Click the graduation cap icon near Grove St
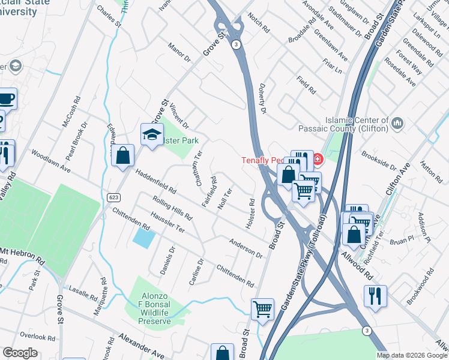point(152,134)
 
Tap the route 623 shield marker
point(113,197)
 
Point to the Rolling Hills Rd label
point(172,208)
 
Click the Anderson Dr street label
point(246,247)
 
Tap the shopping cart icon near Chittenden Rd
point(262,309)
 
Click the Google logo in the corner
point(20,353)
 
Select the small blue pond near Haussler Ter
point(143,239)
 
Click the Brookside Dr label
point(379,161)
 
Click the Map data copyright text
point(412,355)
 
